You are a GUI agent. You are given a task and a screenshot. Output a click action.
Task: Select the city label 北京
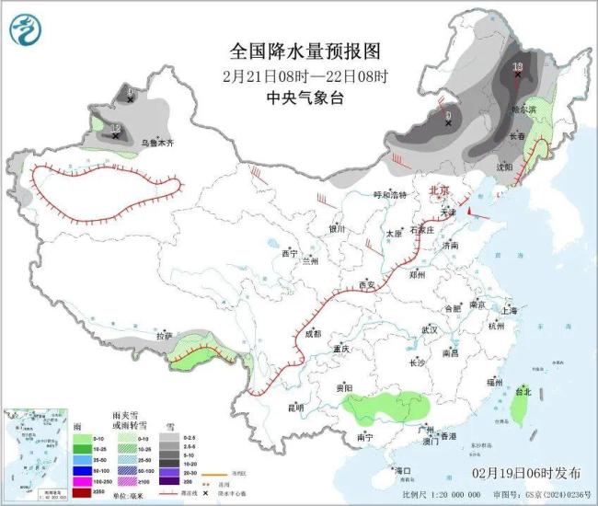click(x=439, y=190)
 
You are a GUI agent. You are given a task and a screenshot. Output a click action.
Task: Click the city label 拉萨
click(x=164, y=337)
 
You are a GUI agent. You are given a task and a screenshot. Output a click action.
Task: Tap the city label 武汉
click(x=428, y=328)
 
